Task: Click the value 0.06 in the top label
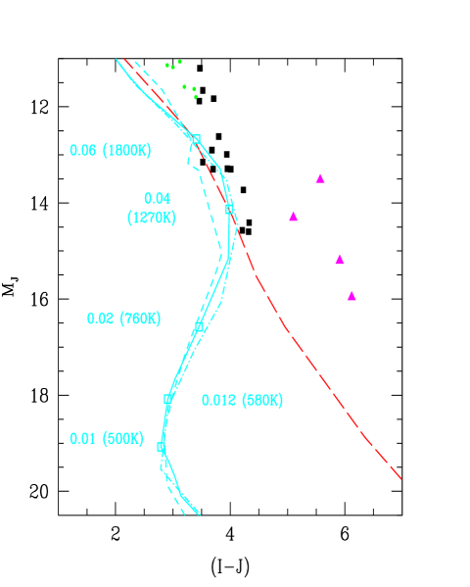pyautogui.click(x=83, y=150)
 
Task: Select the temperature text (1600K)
pyautogui.click(x=125, y=150)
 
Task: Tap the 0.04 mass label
pyautogui.click(x=157, y=198)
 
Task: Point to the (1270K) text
pyautogui.click(x=152, y=218)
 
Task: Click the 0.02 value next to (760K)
pyautogui.click(x=100, y=318)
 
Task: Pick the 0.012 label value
pyautogui.click(x=218, y=400)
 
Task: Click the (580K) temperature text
pyautogui.click(x=262, y=400)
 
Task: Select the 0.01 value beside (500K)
pyautogui.click(x=83, y=438)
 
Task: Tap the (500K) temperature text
pyautogui.click(x=123, y=438)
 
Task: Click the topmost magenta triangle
pyautogui.click(x=320, y=178)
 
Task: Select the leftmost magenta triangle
pyautogui.click(x=293, y=216)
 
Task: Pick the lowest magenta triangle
pyautogui.click(x=352, y=296)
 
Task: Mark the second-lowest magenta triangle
pyautogui.click(x=340, y=260)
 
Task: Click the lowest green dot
pyautogui.click(x=196, y=97)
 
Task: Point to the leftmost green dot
pyautogui.click(x=167, y=65)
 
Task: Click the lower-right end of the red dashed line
pyautogui.click(x=400, y=478)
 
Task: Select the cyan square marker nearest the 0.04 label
pyautogui.click(x=229, y=209)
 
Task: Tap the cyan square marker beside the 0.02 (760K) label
pyautogui.click(x=199, y=325)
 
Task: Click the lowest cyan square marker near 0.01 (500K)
pyautogui.click(x=162, y=446)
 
